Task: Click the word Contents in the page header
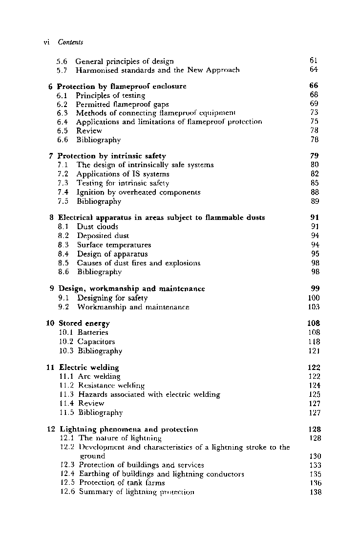70,42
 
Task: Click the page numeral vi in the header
47,42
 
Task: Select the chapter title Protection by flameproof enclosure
122,86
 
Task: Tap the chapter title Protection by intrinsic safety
112,156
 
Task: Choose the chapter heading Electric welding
89,367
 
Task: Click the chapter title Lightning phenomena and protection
128,430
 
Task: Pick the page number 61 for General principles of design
314,61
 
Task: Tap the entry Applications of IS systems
123,174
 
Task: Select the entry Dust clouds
97,227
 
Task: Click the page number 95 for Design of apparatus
315,254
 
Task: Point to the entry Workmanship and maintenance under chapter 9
133,307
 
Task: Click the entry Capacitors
96,342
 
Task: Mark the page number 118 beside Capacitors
314,342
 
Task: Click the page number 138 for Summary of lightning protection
315,492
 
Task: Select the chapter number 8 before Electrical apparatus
51,217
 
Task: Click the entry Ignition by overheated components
139,192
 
